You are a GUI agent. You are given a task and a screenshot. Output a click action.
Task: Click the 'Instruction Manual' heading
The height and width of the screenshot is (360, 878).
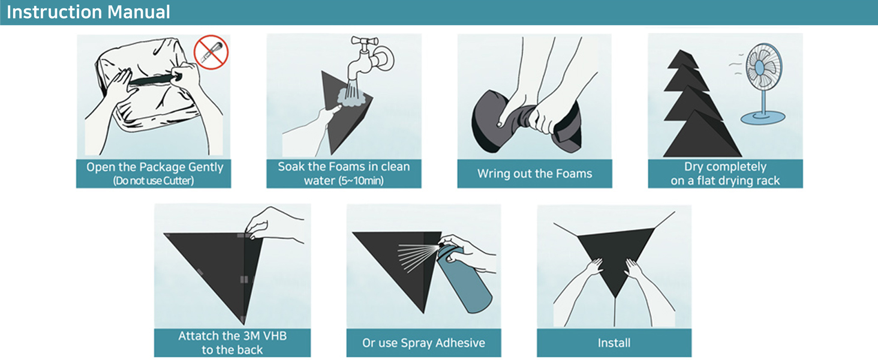pyautogui.click(x=88, y=12)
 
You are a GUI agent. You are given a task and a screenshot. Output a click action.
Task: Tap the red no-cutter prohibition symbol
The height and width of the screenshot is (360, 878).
pyautogui.click(x=211, y=52)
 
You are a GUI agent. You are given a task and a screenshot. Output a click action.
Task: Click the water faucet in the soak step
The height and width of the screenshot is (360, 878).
pyautogui.click(x=372, y=57)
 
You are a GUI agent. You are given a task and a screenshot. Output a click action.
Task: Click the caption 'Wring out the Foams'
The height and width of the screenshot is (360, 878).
pyautogui.click(x=534, y=174)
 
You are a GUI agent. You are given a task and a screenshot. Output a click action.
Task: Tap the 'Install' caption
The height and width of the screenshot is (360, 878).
pyautogui.click(x=614, y=343)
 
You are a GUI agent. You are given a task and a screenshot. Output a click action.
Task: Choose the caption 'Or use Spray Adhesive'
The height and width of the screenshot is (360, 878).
pyautogui.click(x=423, y=343)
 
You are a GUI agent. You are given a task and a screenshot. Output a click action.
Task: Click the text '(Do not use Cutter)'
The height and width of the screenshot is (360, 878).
pyautogui.click(x=154, y=181)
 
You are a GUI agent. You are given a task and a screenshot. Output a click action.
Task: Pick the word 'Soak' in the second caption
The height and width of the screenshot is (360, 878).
pyautogui.click(x=291, y=166)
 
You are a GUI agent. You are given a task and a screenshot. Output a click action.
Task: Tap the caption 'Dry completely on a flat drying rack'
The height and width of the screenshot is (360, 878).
pyautogui.click(x=725, y=173)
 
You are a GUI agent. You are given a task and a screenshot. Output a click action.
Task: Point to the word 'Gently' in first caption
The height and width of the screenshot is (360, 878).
pyautogui.click(x=205, y=167)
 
